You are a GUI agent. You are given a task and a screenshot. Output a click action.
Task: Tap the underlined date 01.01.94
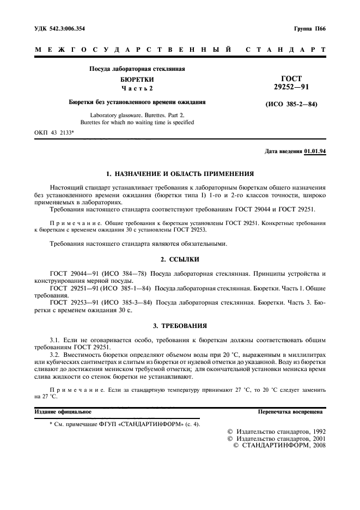[x=315, y=151]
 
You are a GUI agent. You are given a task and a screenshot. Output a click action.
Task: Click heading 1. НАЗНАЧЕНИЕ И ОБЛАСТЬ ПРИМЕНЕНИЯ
[x=180, y=174]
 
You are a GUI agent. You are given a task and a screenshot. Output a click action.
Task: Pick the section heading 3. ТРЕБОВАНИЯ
[x=180, y=326]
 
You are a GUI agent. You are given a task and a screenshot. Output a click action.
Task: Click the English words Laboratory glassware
[x=113, y=115]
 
